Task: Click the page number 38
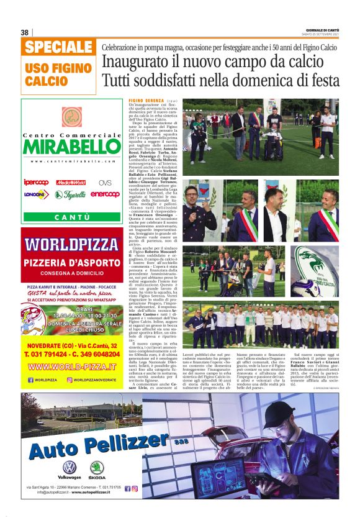25,32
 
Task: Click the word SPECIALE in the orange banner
60,47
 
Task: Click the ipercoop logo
37,183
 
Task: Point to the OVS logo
106,183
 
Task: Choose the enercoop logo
105,194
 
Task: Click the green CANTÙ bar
72,217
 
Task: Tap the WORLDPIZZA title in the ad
71,244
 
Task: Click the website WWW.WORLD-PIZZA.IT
72,366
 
